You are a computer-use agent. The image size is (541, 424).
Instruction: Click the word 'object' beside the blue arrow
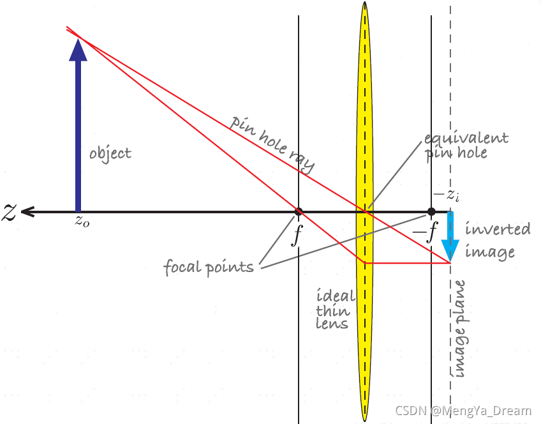[x=110, y=153]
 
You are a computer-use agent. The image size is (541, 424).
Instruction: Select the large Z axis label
[x=9, y=212]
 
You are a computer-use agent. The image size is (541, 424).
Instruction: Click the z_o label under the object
[x=82, y=222]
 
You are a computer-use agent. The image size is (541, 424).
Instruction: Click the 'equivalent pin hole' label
[x=467, y=146]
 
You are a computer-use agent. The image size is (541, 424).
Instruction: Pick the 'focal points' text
[x=209, y=266]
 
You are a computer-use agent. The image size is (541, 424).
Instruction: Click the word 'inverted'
[x=498, y=229]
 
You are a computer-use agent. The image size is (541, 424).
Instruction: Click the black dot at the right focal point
[x=431, y=211]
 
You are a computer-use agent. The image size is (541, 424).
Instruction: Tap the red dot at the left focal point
[x=298, y=211]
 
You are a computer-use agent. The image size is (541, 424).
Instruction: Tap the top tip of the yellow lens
[x=364, y=3]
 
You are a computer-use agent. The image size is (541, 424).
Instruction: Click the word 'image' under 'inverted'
[x=489, y=252]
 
